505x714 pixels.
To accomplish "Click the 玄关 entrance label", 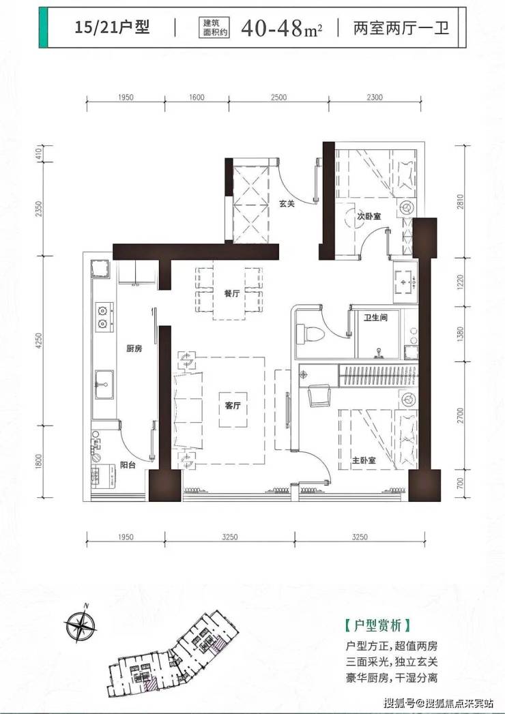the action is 287,203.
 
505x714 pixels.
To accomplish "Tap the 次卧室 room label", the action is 369,216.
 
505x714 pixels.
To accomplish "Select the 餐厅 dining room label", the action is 231,294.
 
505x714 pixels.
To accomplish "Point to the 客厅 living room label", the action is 233,406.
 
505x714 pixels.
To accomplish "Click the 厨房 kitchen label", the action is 134,348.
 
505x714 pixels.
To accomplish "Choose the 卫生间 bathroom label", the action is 375,317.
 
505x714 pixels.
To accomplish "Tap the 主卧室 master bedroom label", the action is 364,460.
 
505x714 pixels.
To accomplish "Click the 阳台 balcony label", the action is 128,465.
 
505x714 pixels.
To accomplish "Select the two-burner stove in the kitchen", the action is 104,316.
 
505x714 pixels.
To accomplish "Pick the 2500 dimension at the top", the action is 278,97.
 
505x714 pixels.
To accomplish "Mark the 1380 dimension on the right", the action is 460,333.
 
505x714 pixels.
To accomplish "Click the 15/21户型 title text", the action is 112,27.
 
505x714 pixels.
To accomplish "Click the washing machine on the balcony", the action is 104,476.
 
